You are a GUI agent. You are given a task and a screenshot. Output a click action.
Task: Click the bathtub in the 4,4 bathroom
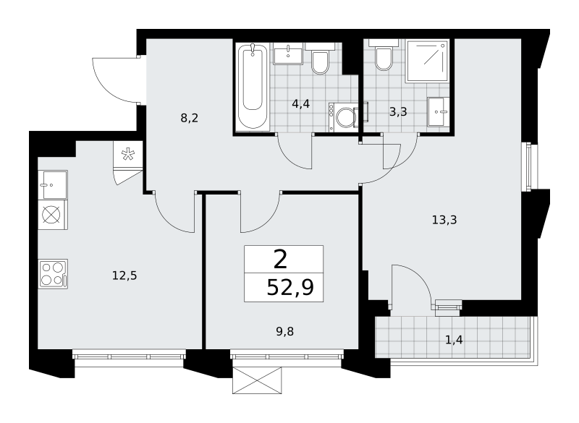[x=253, y=87]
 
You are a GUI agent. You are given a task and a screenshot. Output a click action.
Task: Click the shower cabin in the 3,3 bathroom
[x=428, y=61]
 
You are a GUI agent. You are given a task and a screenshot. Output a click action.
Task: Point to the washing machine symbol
[x=343, y=117]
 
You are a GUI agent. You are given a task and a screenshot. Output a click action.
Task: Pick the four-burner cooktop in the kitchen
[x=53, y=273]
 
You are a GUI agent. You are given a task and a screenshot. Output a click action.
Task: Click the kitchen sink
[x=53, y=185]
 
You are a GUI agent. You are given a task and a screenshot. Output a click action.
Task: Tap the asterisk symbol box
[x=128, y=154]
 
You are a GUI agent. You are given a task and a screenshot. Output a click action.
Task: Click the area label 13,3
[x=444, y=220]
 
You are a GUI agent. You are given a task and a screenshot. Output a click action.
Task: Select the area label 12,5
[x=124, y=275]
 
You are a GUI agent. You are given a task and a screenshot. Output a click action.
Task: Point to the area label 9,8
[x=285, y=332]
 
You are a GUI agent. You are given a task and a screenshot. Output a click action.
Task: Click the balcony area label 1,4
[x=454, y=340]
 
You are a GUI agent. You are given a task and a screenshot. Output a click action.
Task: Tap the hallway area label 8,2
[x=190, y=119]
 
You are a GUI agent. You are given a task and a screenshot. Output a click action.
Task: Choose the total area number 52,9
[x=290, y=287]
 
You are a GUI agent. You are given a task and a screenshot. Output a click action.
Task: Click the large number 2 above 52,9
[x=281, y=260]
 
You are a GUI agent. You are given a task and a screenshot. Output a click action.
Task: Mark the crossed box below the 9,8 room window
[x=257, y=380]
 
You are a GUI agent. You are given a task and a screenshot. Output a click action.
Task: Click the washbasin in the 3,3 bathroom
[x=439, y=112]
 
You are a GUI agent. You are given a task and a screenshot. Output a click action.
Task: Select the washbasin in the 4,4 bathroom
[x=288, y=54]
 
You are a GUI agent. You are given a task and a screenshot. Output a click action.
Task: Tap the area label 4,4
[x=300, y=104]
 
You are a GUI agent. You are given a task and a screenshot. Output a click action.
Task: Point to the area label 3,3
[x=398, y=112]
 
